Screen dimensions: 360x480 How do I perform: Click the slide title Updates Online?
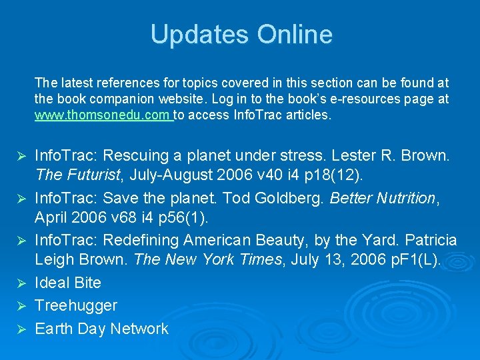click(241, 35)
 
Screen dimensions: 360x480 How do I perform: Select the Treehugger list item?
click(75, 305)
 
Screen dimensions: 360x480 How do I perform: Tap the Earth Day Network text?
click(101, 329)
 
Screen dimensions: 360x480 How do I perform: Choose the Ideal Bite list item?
click(67, 283)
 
